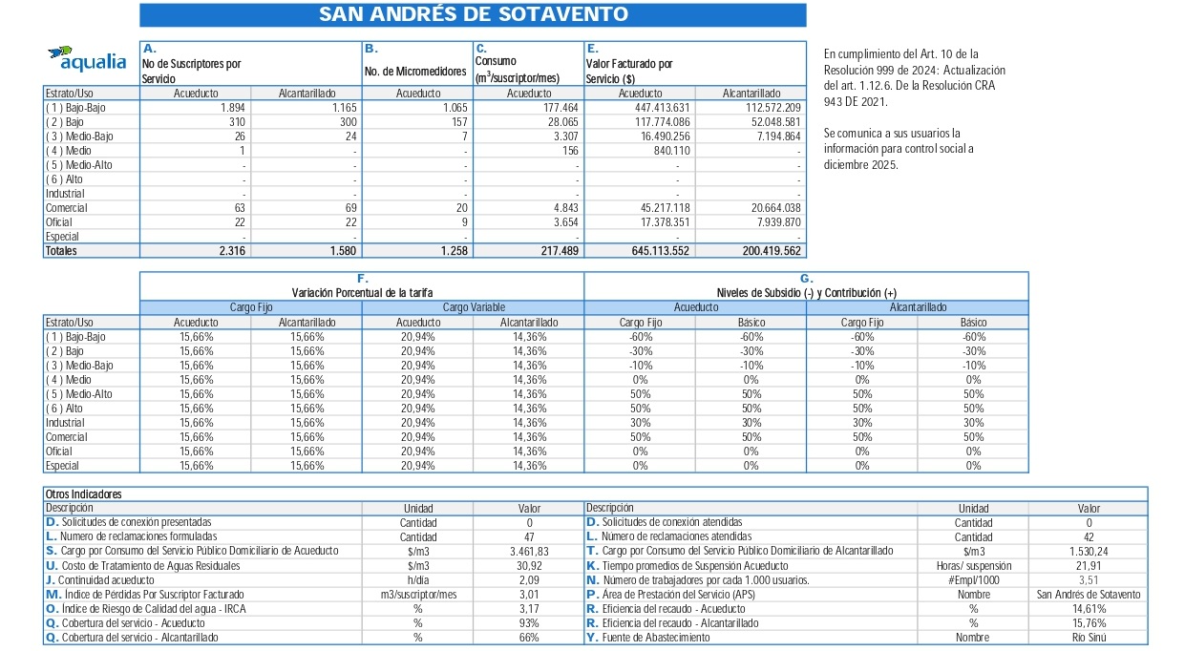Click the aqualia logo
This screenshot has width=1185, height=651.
(87, 58)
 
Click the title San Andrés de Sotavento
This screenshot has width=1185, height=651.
(473, 14)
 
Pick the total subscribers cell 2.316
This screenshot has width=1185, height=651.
(230, 251)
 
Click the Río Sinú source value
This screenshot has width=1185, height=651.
(1088, 638)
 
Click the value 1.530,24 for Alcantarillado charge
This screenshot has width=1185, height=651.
(1088, 552)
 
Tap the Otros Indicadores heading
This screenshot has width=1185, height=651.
(84, 494)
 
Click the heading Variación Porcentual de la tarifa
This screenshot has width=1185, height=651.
(361, 292)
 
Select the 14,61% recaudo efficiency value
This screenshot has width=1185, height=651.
(1088, 609)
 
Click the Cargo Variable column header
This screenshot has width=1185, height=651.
(473, 307)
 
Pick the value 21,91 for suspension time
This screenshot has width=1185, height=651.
(1088, 566)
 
